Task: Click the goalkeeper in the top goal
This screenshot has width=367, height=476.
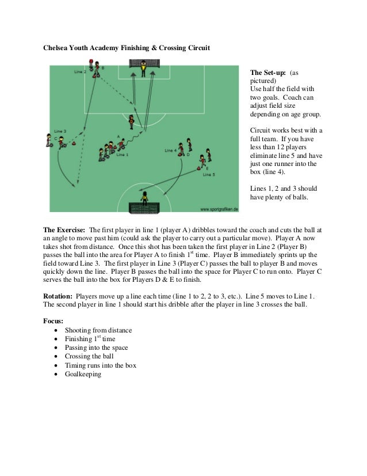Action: coord(143,69)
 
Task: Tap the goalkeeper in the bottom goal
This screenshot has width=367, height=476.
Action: coord(144,199)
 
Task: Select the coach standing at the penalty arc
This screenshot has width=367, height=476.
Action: coord(131,122)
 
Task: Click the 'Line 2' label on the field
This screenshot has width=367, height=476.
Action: coord(81,72)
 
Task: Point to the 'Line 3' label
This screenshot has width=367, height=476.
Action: coord(60,131)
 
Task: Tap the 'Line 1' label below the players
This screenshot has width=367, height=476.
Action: coord(123,154)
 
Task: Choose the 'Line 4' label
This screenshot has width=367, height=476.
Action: coord(171,150)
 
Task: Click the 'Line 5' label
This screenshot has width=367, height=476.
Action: coord(209,175)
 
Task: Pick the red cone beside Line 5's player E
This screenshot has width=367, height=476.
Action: coord(198,168)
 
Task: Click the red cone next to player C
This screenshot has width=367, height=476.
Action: coord(73,143)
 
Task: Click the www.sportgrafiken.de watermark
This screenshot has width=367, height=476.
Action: coord(219,209)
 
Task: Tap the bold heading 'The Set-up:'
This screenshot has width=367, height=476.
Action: coord(268,73)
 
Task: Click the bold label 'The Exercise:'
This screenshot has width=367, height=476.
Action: coord(64,230)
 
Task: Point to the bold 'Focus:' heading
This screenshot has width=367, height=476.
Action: coord(53,321)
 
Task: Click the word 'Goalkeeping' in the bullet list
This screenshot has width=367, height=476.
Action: coord(83,374)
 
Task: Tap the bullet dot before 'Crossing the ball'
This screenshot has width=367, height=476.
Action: coord(56,356)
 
